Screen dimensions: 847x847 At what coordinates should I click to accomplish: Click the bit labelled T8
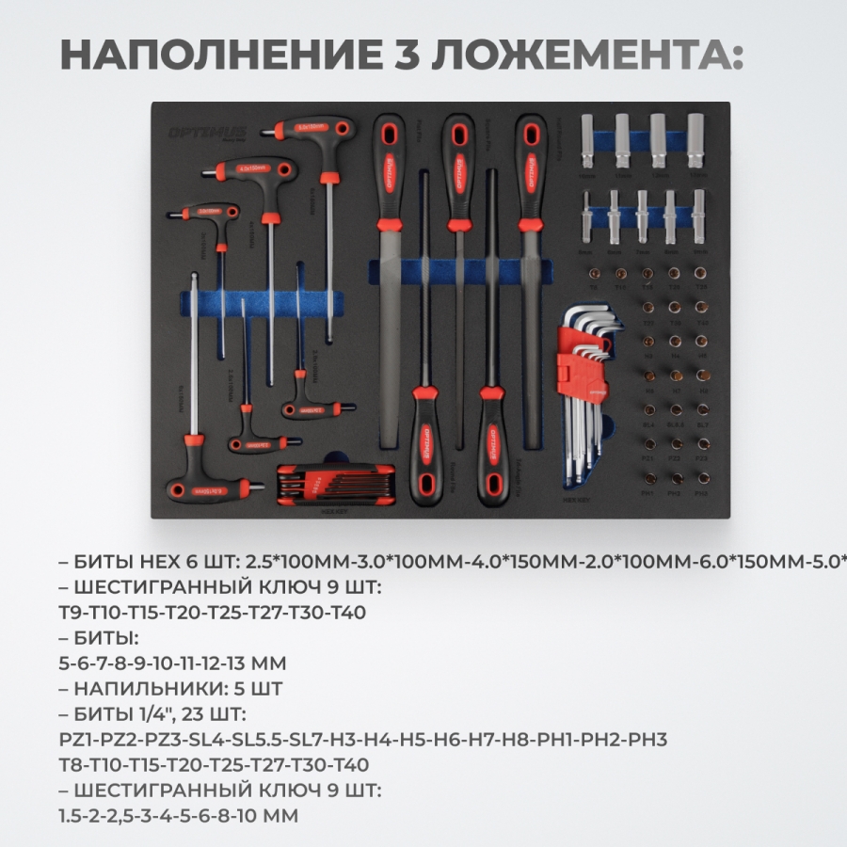(594, 273)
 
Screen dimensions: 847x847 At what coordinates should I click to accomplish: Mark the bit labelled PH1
(647, 480)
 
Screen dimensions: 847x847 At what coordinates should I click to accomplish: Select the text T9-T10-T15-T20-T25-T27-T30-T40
(212, 613)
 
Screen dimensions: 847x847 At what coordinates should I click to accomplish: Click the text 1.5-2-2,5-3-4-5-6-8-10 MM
(178, 815)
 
